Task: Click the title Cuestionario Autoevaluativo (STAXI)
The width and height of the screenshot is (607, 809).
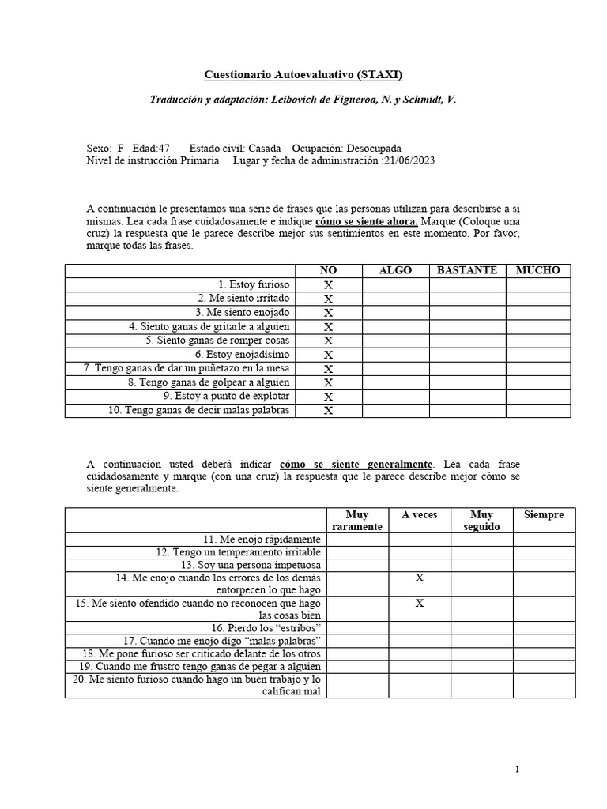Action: coord(303,75)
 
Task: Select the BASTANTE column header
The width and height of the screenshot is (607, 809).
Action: coord(467,270)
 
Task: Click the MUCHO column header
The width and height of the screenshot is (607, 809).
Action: coord(537,270)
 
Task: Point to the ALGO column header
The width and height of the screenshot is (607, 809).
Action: coord(395,270)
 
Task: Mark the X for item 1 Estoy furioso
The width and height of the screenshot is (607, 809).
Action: coord(329,284)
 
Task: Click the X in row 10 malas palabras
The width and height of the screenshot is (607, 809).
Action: coord(329,411)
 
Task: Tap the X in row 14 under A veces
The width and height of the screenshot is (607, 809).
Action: coord(419,578)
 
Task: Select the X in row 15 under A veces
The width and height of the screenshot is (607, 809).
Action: coord(419,604)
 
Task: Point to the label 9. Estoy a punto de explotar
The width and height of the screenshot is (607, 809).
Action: coord(227,396)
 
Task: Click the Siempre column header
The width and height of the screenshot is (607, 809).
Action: coord(544,515)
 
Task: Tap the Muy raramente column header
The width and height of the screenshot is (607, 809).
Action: coord(357,521)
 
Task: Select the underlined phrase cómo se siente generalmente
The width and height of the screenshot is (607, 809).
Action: coord(356,464)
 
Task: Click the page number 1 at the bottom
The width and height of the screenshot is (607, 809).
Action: coord(517,769)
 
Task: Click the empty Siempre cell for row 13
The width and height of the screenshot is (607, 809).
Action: coord(544,565)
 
